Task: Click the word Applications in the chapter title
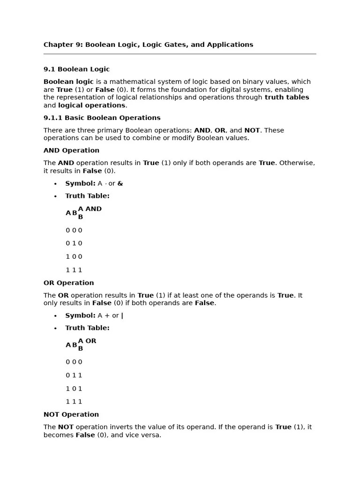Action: pyautogui.click(x=230, y=45)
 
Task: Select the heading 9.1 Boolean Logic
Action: pyautogui.click(x=76, y=69)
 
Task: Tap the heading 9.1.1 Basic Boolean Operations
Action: pyautogui.click(x=102, y=118)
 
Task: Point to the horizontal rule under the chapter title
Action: pyautogui.click(x=180, y=54)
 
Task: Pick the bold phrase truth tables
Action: pyautogui.click(x=286, y=97)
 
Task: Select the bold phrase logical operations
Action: pyautogui.click(x=91, y=105)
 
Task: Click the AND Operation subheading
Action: pyautogui.click(x=71, y=150)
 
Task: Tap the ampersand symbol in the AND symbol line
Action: pyautogui.click(x=120, y=184)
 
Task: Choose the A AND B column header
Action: pyautogui.click(x=89, y=213)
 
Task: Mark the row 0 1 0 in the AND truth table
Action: pyautogui.click(x=74, y=244)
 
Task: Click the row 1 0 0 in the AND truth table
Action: pyautogui.click(x=74, y=257)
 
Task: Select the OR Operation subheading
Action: pyautogui.click(x=68, y=283)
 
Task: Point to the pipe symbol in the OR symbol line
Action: pyautogui.click(x=122, y=316)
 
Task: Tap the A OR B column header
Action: pyautogui.click(x=87, y=345)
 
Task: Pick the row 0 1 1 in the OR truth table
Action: pyautogui.click(x=74, y=375)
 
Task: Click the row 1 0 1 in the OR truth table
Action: pyautogui.click(x=74, y=389)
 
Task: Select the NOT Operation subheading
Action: pyautogui.click(x=71, y=415)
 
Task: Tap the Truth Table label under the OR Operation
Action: pyautogui.click(x=87, y=328)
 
